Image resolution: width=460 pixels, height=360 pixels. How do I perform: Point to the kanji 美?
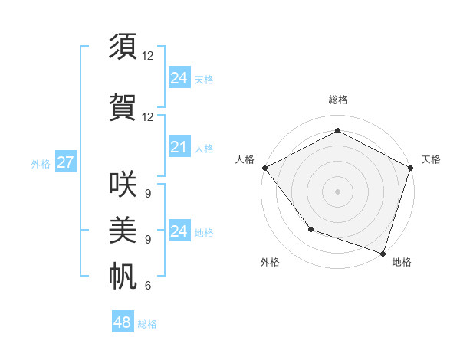[x=123, y=229]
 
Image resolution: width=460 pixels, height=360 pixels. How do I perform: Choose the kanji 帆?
[x=123, y=275]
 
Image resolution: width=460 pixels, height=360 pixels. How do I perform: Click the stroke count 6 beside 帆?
[x=147, y=286]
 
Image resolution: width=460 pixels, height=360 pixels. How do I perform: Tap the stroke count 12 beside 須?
[x=147, y=55]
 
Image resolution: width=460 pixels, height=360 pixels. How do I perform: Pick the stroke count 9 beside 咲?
[x=147, y=193]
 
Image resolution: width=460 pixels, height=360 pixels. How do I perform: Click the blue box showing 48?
[x=123, y=322]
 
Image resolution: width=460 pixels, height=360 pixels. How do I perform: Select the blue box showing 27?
[x=65, y=162]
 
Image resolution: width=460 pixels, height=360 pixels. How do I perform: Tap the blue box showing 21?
[x=179, y=147]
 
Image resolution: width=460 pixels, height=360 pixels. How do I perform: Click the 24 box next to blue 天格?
[x=179, y=78]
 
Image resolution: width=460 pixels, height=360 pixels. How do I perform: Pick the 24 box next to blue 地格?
[x=179, y=231]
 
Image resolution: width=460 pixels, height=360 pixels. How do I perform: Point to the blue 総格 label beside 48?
[x=147, y=324]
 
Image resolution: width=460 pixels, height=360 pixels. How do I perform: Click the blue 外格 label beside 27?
[x=40, y=164]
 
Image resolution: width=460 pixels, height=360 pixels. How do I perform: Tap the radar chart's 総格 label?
[x=338, y=100]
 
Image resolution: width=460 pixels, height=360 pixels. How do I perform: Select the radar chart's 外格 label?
[x=270, y=263]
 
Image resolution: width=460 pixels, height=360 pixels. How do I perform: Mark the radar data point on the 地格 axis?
[x=383, y=253]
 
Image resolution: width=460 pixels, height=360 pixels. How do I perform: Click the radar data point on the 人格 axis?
[x=264, y=167]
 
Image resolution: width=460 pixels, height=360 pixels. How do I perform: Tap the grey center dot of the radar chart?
[x=338, y=191]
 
